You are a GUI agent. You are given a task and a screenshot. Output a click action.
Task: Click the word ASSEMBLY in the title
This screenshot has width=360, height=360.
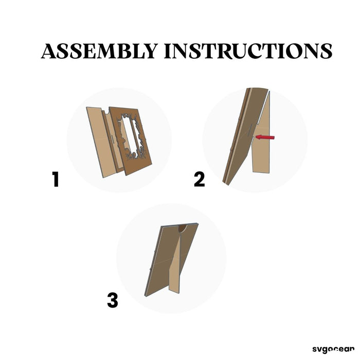99,51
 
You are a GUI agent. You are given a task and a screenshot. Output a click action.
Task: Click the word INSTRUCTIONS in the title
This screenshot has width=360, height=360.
248,51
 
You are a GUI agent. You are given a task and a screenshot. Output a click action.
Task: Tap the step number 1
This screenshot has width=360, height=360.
56,179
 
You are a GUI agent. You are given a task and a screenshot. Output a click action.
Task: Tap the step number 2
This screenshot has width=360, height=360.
199,179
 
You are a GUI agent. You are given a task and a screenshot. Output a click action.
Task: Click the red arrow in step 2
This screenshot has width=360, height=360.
265,137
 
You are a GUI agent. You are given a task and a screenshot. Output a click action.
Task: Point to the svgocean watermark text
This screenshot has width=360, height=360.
333,349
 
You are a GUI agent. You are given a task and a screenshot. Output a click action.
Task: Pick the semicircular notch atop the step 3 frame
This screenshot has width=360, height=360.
183,229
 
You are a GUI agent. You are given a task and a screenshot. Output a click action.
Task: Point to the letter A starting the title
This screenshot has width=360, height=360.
48,51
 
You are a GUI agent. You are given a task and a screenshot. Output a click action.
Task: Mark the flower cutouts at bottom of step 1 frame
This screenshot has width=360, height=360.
135,156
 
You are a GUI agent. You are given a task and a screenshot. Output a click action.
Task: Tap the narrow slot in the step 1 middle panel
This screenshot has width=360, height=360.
112,138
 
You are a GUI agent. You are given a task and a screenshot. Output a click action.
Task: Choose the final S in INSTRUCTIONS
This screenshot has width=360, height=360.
326,51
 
